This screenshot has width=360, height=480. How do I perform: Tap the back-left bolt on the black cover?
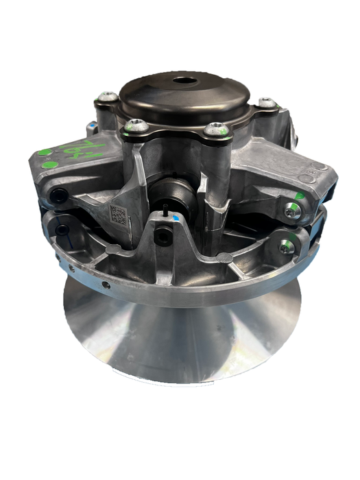(107, 97)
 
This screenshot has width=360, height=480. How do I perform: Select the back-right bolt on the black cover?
(266, 103)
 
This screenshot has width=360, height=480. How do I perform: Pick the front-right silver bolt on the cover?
(216, 128)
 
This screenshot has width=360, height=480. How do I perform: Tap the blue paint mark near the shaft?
(177, 217)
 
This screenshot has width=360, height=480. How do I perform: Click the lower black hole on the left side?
(63, 230)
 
